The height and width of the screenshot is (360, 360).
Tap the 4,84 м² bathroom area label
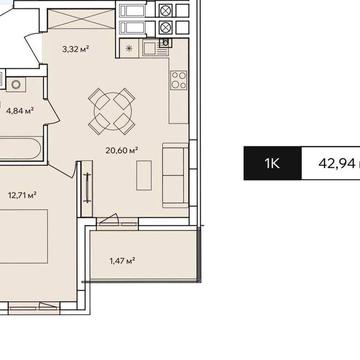21,111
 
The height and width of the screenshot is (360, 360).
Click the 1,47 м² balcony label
122,261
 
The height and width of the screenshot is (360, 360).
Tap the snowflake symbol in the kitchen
130,46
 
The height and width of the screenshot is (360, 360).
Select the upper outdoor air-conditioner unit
133,11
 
